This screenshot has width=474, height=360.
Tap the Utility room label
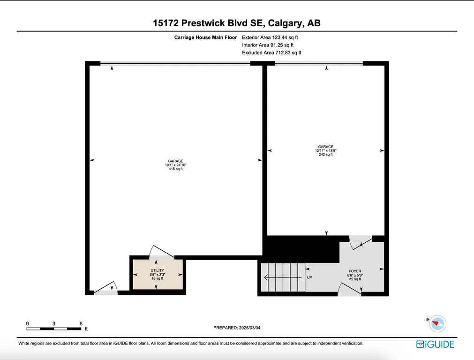pyautogui.click(x=157, y=275)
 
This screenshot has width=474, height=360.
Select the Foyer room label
pyautogui.click(x=355, y=275)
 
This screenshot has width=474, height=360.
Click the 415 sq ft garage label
pyautogui.click(x=176, y=165)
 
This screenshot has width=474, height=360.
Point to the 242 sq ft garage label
pyautogui.click(x=325, y=150)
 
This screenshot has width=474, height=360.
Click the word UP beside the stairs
pyautogui.click(x=309, y=277)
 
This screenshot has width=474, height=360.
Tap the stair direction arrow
pyautogui.click(x=283, y=277)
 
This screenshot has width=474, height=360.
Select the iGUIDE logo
pyautogui.click(x=435, y=344)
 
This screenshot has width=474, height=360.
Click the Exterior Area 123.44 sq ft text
pyautogui.click(x=270, y=37)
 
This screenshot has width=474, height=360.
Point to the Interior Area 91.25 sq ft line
pyautogui.click(x=268, y=45)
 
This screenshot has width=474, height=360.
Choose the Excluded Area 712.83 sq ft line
pyautogui.click(x=272, y=52)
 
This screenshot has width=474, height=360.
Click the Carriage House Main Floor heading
pyautogui.click(x=205, y=37)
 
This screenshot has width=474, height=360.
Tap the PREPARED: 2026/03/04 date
pyautogui.click(x=237, y=328)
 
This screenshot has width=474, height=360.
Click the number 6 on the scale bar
pyautogui.click(x=81, y=323)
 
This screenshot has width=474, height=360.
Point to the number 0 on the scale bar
pyautogui.click(x=28, y=323)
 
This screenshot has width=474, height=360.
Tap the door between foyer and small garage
pyautogui.click(x=361, y=244)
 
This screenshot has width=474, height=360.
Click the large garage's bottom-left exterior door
pyautogui.click(x=106, y=288)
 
